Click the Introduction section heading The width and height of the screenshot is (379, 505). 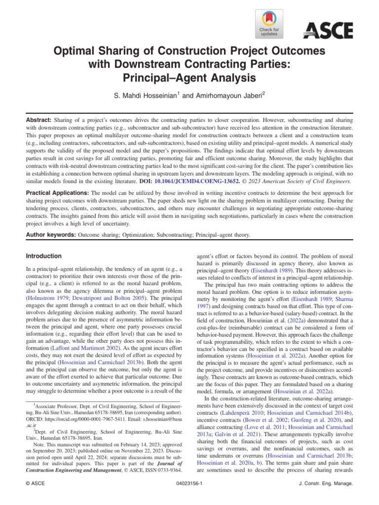(x=44, y=256)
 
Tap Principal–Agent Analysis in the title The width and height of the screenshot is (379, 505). (x=189, y=77)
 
